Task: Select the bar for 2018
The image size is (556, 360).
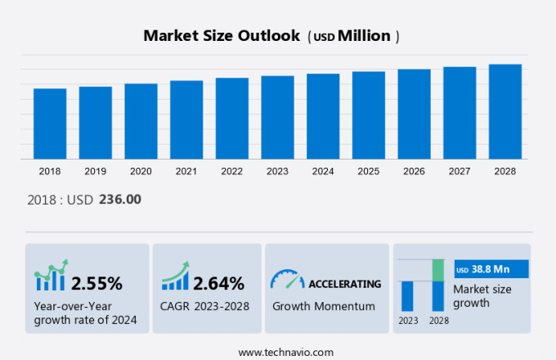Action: click(50, 124)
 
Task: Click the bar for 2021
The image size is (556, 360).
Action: click(186, 119)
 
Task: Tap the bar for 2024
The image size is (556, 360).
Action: click(323, 116)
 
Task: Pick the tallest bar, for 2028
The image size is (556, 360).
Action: click(505, 111)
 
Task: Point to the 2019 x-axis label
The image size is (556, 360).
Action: click(95, 172)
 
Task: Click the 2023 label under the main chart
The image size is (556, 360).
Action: click(277, 172)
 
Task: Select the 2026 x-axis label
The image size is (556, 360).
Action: click(414, 172)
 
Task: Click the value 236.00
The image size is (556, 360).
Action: click(120, 199)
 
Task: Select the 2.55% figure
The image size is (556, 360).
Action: click(96, 284)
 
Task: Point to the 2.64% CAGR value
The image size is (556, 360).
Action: click(218, 284)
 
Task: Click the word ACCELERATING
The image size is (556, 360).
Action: click(344, 284)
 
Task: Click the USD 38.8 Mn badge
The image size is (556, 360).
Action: click(491, 269)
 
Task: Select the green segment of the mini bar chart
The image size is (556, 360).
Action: click(438, 270)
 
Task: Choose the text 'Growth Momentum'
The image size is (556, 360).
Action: click(323, 306)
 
